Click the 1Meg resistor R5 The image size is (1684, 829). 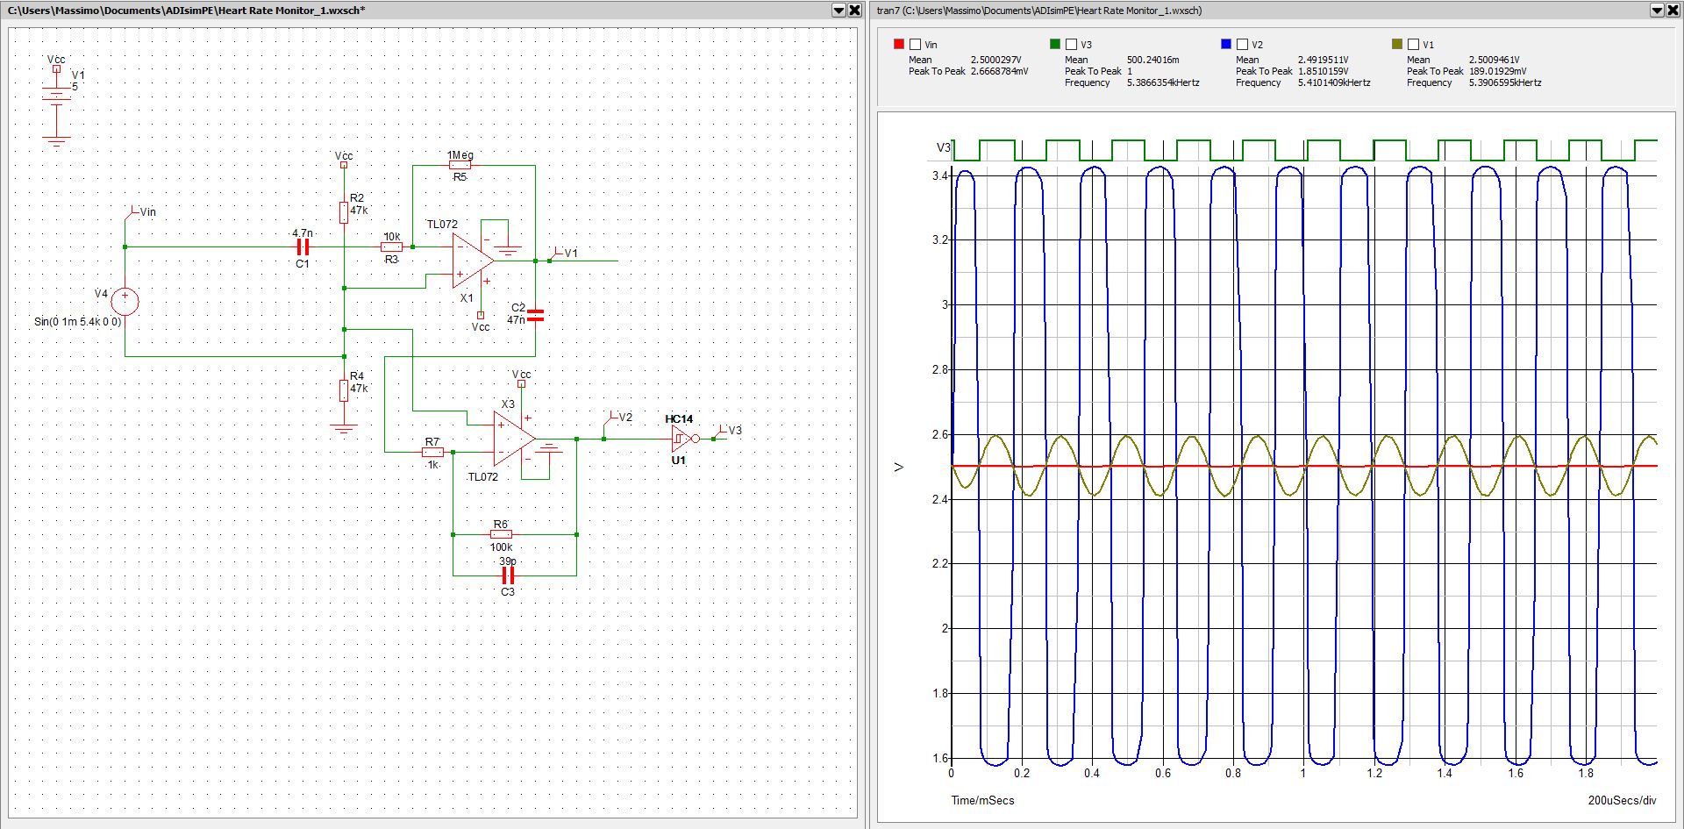460,165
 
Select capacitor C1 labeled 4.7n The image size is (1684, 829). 303,247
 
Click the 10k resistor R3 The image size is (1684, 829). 391,247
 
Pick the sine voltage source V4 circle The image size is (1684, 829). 125,301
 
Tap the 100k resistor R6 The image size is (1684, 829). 501,533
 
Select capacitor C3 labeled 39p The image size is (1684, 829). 507,575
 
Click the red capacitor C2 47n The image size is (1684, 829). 535,315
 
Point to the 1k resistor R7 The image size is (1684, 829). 432,453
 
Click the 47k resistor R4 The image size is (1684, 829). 344,389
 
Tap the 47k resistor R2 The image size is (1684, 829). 344,211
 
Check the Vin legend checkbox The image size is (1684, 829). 916,44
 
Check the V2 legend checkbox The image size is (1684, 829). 1242,44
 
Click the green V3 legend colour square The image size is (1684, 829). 1055,44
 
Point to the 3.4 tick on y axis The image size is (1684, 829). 939,176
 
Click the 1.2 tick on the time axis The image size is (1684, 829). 1374,773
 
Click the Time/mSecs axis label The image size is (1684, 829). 982,800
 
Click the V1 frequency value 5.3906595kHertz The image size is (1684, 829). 1504,82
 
